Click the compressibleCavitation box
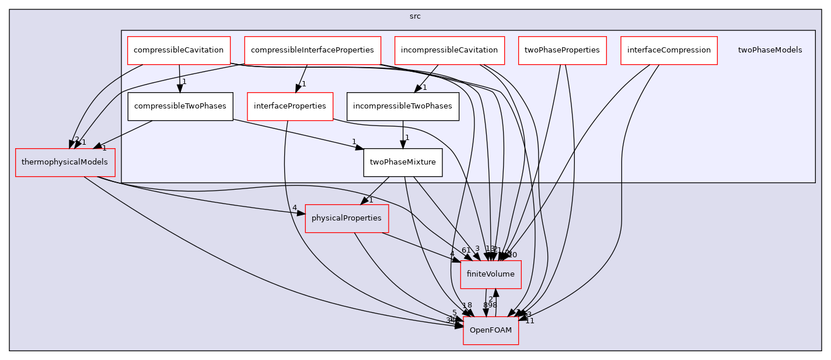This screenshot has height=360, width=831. coord(179,50)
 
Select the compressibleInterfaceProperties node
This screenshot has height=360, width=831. coord(312,50)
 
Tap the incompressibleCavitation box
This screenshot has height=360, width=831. coord(449,50)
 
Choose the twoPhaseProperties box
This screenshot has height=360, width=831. coord(562,50)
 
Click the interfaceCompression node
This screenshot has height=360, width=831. coord(669,50)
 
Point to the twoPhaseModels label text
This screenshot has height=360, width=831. coord(770,50)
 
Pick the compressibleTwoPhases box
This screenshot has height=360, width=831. coord(180,106)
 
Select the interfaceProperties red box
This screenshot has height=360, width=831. coord(290,106)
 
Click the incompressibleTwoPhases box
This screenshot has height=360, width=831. coord(402,106)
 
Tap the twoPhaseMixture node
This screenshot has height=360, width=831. coord(403,162)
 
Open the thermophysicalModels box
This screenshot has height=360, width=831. coord(65,162)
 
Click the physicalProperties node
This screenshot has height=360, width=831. coord(347,218)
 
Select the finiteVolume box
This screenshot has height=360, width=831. coord(491,274)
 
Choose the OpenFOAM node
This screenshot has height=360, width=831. coord(491,330)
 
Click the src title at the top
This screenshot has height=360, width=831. coord(415,16)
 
